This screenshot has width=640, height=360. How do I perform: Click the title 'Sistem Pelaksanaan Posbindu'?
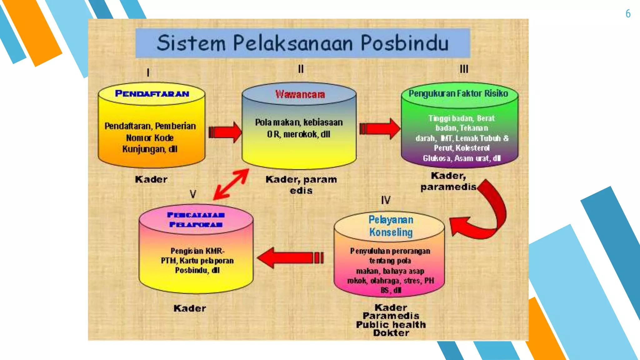[x=302, y=43]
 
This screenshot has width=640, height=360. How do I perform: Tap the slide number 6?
[x=628, y=14]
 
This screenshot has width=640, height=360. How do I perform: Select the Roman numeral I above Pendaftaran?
[x=148, y=73]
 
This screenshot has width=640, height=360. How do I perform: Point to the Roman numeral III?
[x=464, y=69]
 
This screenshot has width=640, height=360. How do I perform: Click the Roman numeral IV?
[x=386, y=200]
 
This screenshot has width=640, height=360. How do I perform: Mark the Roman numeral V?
[x=193, y=194]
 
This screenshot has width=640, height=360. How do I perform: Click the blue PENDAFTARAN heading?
[x=152, y=93]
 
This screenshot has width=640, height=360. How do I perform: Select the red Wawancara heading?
[x=300, y=94]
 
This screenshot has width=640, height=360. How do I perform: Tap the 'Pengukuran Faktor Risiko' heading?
[x=458, y=93]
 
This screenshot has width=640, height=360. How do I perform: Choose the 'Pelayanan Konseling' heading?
[x=391, y=226]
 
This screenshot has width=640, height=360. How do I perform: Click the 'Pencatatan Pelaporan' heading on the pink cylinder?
[x=196, y=220]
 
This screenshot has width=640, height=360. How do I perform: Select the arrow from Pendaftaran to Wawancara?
[x=225, y=132]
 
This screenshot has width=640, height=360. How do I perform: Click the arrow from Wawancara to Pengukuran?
[x=379, y=128]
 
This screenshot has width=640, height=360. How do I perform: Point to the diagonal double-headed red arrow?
[x=231, y=184]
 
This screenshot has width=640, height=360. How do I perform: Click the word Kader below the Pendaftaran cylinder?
[x=151, y=179]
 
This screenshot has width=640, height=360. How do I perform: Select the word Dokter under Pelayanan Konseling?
[x=391, y=333]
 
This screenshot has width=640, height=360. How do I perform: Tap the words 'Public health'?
[x=391, y=325]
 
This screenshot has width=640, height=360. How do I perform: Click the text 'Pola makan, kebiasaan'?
[x=299, y=122]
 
